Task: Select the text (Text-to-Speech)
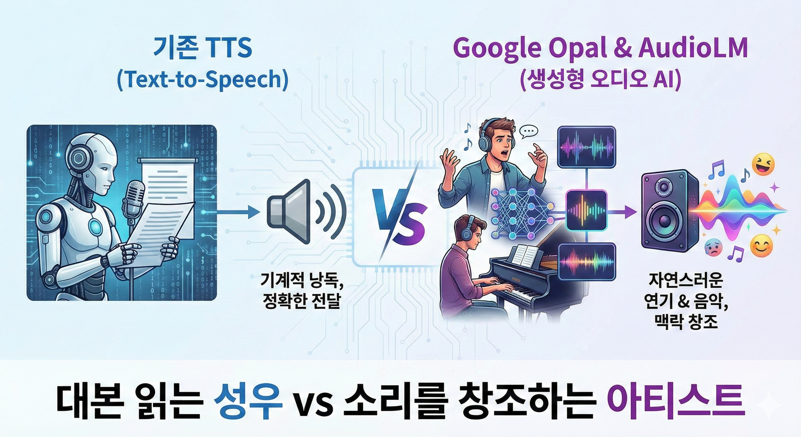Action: (203, 80)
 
